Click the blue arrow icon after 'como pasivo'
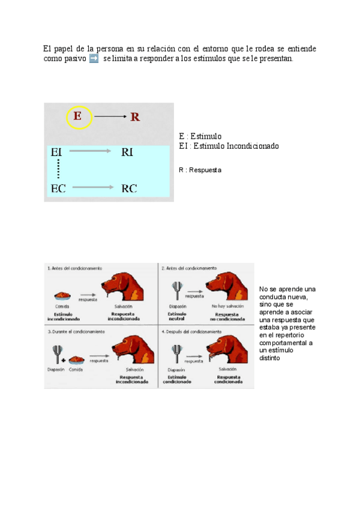click(93, 59)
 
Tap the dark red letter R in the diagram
click(135, 117)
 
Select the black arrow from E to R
click(109, 116)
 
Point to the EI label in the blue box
click(58, 152)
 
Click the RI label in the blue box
click(127, 152)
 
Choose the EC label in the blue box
click(58, 188)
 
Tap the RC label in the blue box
click(129, 188)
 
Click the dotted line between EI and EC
click(58, 170)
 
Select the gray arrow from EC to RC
click(93, 188)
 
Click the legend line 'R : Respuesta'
click(200, 170)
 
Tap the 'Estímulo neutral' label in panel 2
click(176, 316)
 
